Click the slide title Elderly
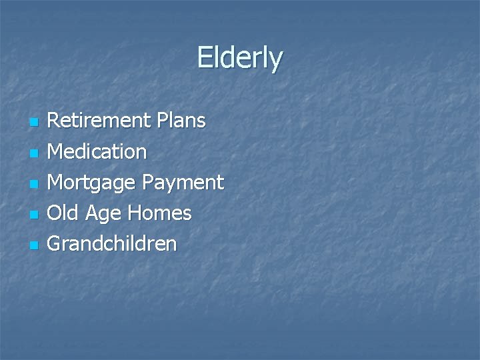click(240, 58)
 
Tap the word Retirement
click(99, 121)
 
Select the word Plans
click(181, 121)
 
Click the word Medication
click(97, 152)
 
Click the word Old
click(63, 213)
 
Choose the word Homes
click(160, 213)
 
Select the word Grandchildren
click(112, 244)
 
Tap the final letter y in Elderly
click(276, 61)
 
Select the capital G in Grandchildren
click(55, 244)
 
